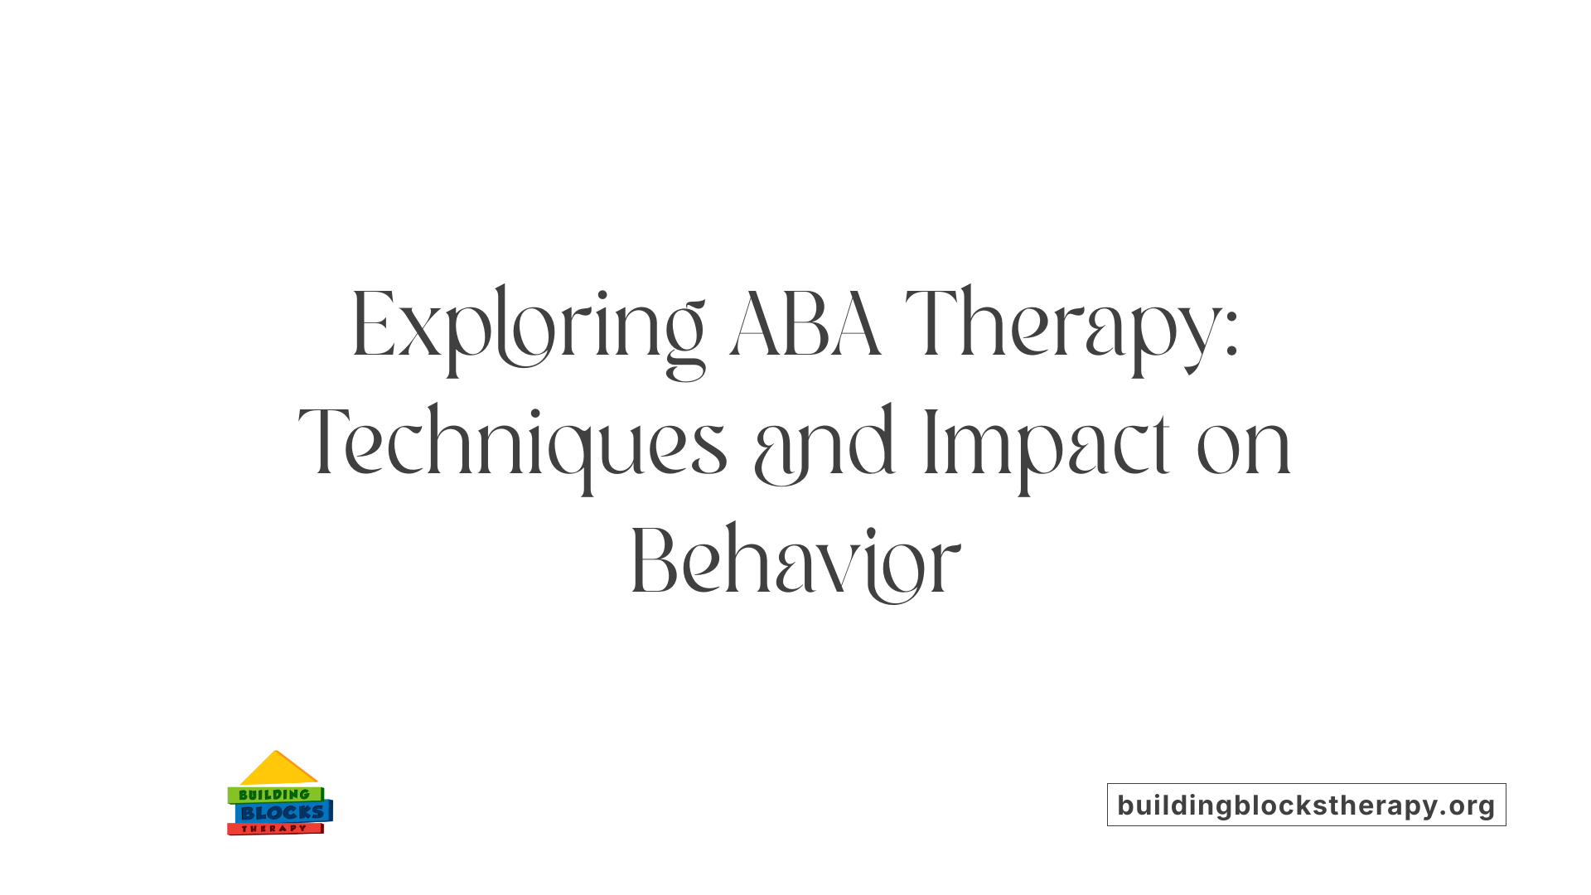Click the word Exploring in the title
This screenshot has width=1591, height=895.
pos(528,327)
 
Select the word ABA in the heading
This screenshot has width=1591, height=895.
pos(804,325)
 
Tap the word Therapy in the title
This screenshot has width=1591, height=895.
pos(1061,327)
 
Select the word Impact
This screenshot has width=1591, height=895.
pos(1047,445)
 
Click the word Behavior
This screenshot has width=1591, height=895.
pos(795,563)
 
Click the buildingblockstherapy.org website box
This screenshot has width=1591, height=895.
pos(1306,805)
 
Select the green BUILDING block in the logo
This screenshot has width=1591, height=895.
pos(274,795)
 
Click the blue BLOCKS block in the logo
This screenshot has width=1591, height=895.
pos(283,813)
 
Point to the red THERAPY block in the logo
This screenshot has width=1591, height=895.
pos(274,829)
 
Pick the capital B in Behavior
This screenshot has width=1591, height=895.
pos(654,563)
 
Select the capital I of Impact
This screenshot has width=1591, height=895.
pos(930,443)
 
